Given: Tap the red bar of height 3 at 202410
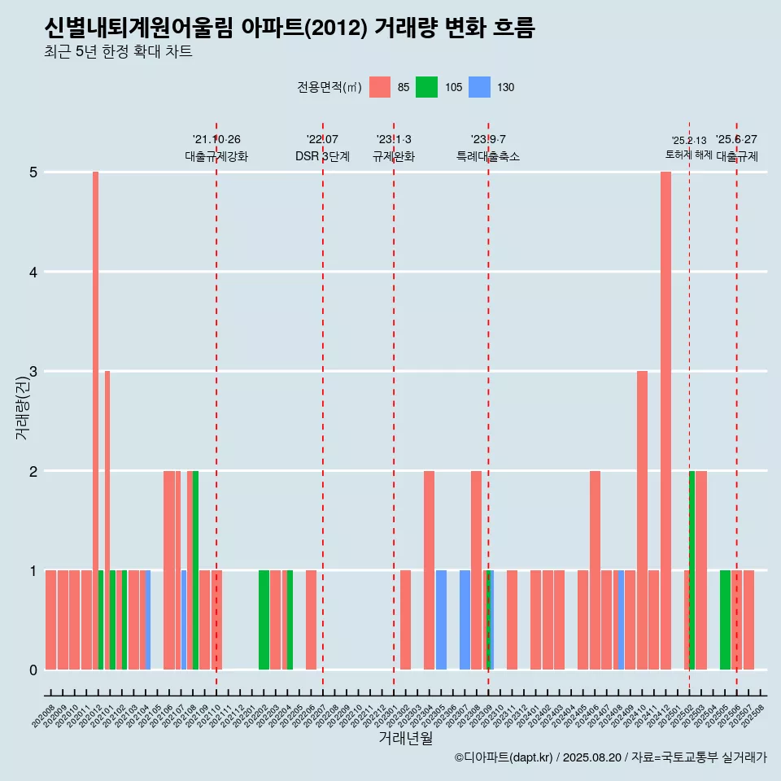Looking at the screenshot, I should (x=642, y=520).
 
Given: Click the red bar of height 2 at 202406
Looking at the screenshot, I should (x=595, y=569).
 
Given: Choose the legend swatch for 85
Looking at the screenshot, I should (x=380, y=87).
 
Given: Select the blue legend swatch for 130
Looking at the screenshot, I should (x=480, y=87).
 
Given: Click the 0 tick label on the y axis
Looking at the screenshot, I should (x=34, y=670).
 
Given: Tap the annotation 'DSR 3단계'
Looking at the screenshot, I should (x=322, y=156).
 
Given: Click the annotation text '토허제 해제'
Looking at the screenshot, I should (x=689, y=155).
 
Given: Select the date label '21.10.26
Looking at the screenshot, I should (x=216, y=140).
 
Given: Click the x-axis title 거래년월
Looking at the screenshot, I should (x=405, y=738).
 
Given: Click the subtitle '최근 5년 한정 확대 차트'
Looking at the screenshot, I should (x=118, y=52).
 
